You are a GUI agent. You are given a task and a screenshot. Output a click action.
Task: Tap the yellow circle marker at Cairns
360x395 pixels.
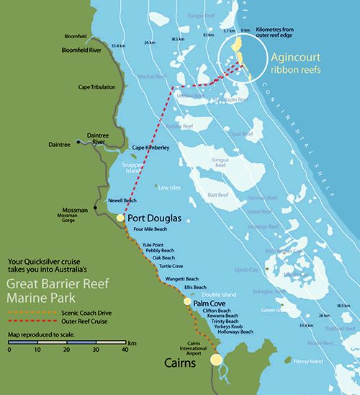[x=215, y=359]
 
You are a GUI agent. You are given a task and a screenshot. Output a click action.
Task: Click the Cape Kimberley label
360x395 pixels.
[x=150, y=148]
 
